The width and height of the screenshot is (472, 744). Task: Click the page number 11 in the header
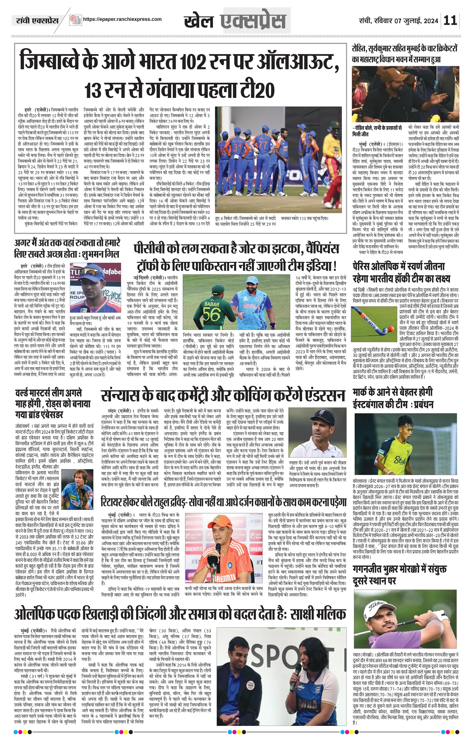(x=450, y=20)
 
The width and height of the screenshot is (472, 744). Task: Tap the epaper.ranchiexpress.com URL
(x=122, y=19)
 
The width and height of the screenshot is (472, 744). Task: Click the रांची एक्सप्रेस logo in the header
(x=37, y=21)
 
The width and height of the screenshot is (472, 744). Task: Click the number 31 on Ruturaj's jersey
(x=237, y=148)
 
